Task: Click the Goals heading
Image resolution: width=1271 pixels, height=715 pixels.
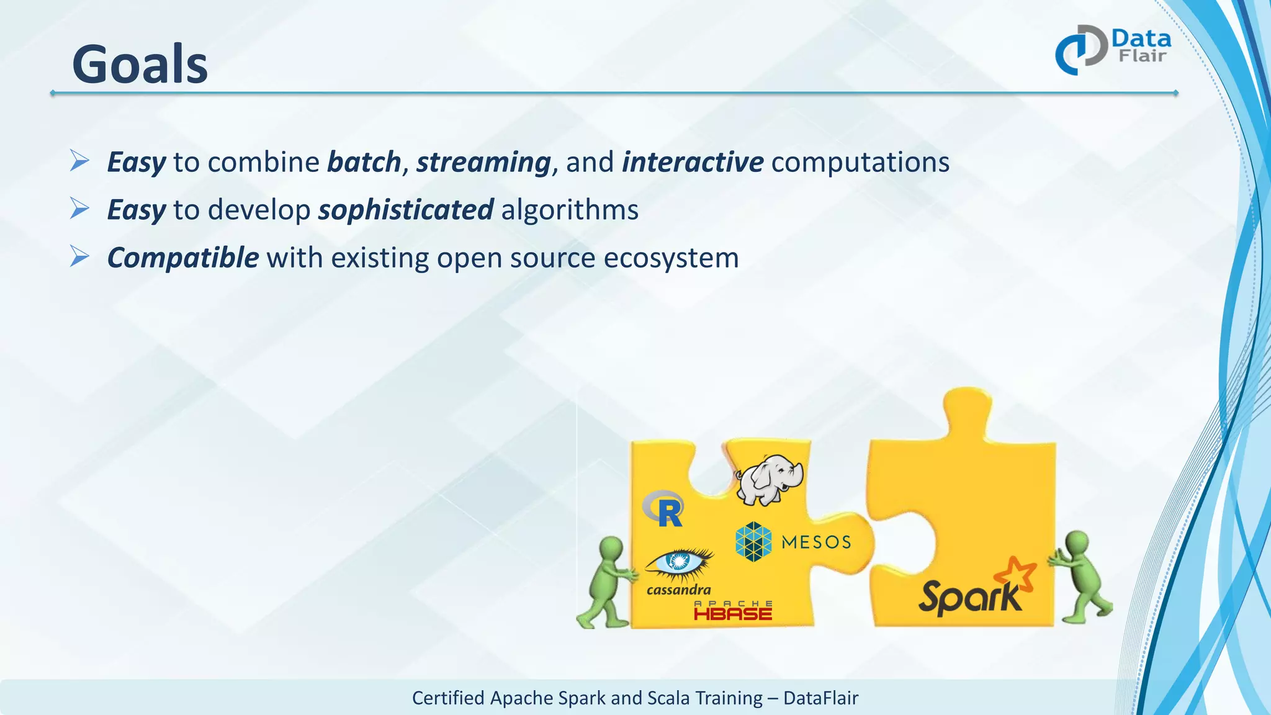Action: point(140,65)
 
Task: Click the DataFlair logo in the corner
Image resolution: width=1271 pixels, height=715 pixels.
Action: point(1112,50)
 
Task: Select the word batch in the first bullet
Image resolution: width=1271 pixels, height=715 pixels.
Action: point(364,163)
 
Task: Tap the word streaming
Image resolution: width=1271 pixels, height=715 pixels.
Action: point(483,163)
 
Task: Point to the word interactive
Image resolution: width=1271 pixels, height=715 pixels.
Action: point(692,163)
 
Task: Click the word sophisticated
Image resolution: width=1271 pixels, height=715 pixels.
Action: point(406,210)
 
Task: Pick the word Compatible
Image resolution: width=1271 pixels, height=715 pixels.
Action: point(182,258)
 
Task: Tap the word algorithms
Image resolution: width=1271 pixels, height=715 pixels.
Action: point(570,210)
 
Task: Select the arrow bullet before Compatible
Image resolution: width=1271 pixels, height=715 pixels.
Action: point(79,256)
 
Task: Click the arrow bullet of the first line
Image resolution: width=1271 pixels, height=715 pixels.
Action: point(79,161)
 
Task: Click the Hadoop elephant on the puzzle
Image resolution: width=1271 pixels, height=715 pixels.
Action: point(769,480)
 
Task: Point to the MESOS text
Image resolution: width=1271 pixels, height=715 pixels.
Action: point(815,542)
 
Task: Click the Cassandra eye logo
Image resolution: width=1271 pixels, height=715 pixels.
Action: point(679,562)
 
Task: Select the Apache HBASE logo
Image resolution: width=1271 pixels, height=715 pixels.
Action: point(733,611)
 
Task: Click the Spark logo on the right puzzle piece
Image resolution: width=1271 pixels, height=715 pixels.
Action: point(974,590)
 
